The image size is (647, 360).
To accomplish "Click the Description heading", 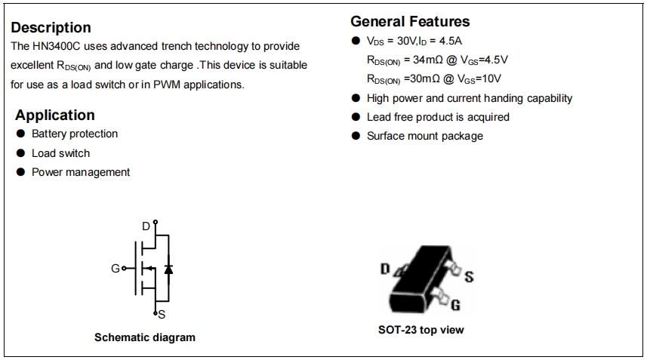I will click(51, 28).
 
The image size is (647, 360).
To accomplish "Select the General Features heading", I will click(410, 21).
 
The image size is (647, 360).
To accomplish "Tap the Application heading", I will click(55, 115).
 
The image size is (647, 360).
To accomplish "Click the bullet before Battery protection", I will click(21, 134).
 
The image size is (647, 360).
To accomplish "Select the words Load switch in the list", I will click(60, 153).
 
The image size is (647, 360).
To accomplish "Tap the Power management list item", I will click(81, 172).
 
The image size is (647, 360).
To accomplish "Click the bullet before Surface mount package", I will click(356, 137).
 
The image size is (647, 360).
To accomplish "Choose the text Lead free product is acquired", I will click(438, 117).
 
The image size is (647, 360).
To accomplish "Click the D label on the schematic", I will click(146, 226).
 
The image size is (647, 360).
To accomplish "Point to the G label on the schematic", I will click(115, 268).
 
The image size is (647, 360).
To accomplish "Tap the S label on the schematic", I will click(161, 314).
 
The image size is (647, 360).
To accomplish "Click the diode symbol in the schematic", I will click(167, 268).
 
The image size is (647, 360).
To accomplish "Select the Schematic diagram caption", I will click(144, 337).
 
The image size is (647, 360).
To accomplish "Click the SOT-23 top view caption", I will click(421, 330).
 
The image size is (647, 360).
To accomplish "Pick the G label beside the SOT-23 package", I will click(455, 305).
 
